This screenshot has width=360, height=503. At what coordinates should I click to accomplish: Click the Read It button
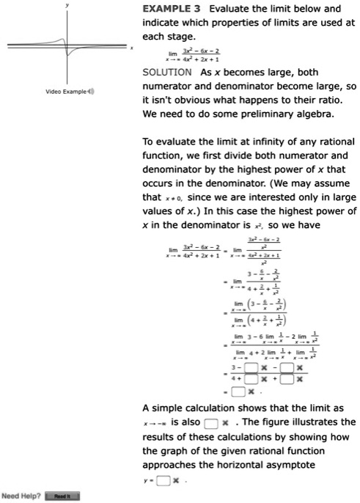pyautogui.click(x=62, y=496)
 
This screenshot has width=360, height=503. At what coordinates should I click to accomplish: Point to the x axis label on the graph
pyautogui.click(x=131, y=48)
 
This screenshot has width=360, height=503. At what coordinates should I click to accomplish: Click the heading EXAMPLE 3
pyautogui.click(x=172, y=9)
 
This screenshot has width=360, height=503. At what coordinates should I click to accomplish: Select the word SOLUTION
pyautogui.click(x=167, y=72)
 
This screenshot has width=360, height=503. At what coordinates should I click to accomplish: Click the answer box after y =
pyautogui.click(x=164, y=481)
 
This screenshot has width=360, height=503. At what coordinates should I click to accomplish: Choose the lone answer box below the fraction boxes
pyautogui.click(x=236, y=392)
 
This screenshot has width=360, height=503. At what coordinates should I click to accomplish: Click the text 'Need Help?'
pyautogui.click(x=20, y=496)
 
